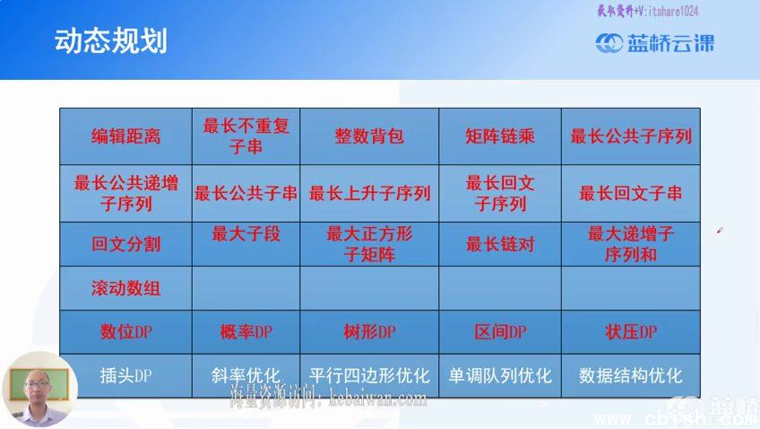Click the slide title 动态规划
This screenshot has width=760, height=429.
coord(110,41)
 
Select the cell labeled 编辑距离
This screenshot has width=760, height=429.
coord(125,136)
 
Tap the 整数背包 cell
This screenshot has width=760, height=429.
coord(369,136)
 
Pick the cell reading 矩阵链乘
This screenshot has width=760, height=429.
coord(500,136)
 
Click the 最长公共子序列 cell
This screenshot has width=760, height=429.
coord(631,136)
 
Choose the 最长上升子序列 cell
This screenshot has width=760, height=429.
coord(369,193)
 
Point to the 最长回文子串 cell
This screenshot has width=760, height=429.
coord(631,193)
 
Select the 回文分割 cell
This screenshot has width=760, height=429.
coord(125,244)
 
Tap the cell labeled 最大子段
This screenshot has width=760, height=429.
coord(246,235)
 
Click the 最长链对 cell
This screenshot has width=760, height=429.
coord(500,244)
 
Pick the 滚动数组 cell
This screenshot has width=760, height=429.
coord(125,289)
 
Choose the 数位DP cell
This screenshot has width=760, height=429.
coord(125,332)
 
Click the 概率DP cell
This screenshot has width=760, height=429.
coord(246,332)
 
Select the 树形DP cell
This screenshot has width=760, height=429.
coord(369,332)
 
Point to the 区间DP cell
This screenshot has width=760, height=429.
coord(500,332)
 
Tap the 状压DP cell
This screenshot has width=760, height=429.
coord(631,332)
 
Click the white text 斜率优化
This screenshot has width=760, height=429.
coord(246,375)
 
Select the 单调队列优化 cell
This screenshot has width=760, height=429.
coord(500,375)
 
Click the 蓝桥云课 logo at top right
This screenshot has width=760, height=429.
coord(656,42)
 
